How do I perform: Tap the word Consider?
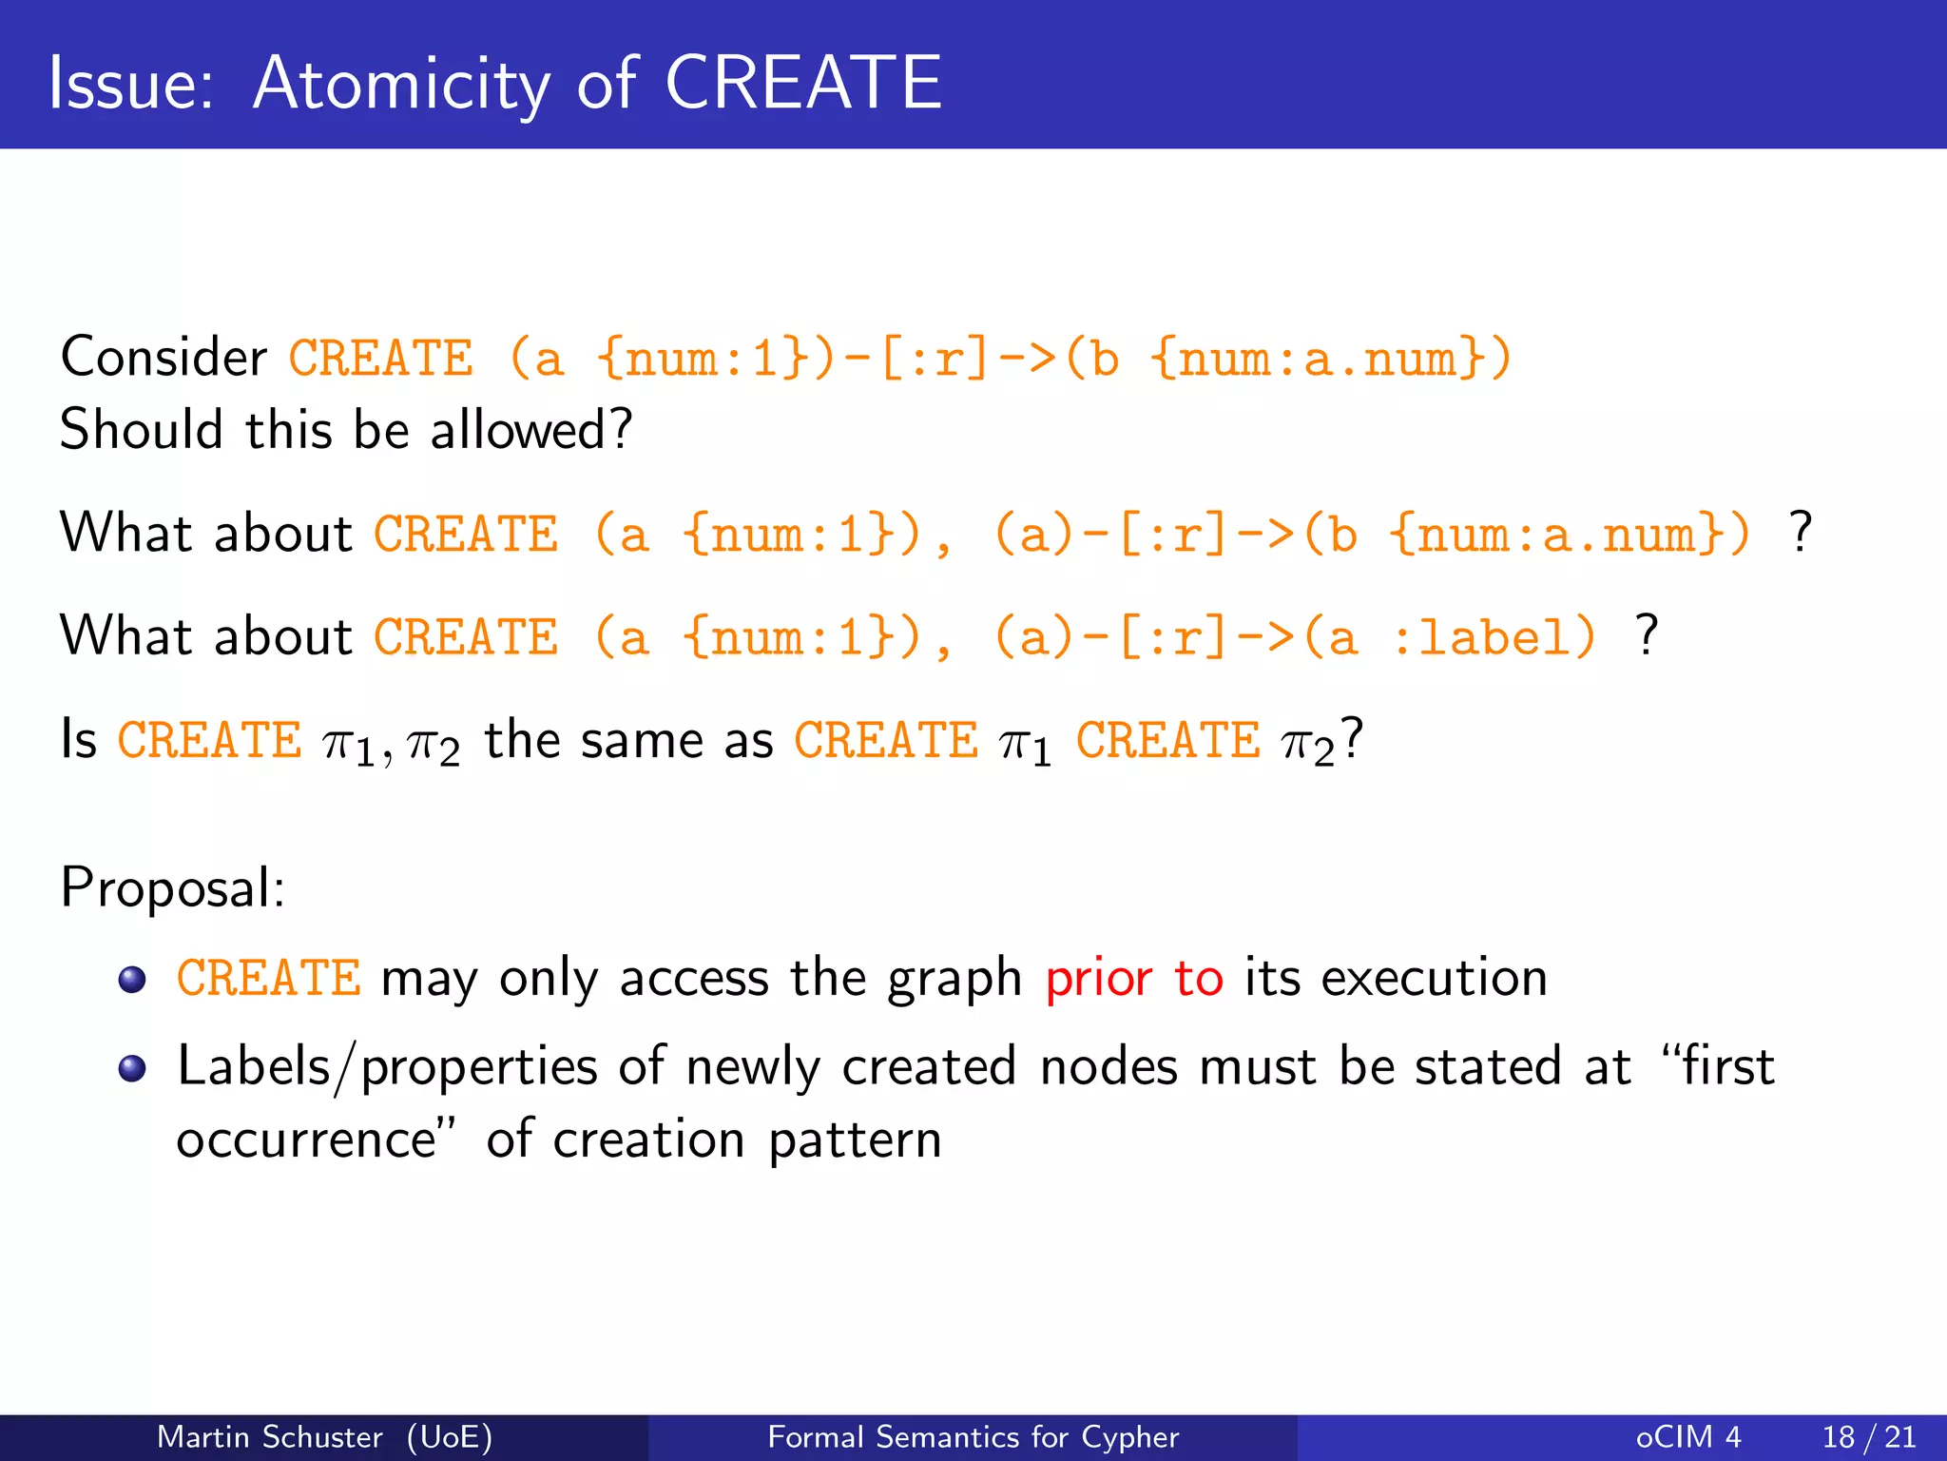coord(164,358)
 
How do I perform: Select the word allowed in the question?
coord(530,430)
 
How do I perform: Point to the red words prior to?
coord(1133,978)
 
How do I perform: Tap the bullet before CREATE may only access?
coord(132,979)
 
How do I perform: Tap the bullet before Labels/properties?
coord(132,1068)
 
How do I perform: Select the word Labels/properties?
coord(387,1067)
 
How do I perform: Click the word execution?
coord(1434,978)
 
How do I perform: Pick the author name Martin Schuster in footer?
coord(269,1436)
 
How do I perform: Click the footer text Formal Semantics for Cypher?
coord(973,1436)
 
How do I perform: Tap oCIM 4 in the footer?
coord(1688,1436)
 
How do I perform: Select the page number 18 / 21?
coord(1868,1436)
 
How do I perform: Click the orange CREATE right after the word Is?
coord(209,740)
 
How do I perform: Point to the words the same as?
coord(628,740)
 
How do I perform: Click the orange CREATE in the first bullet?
coord(269,978)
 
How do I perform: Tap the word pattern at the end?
coord(854,1140)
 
